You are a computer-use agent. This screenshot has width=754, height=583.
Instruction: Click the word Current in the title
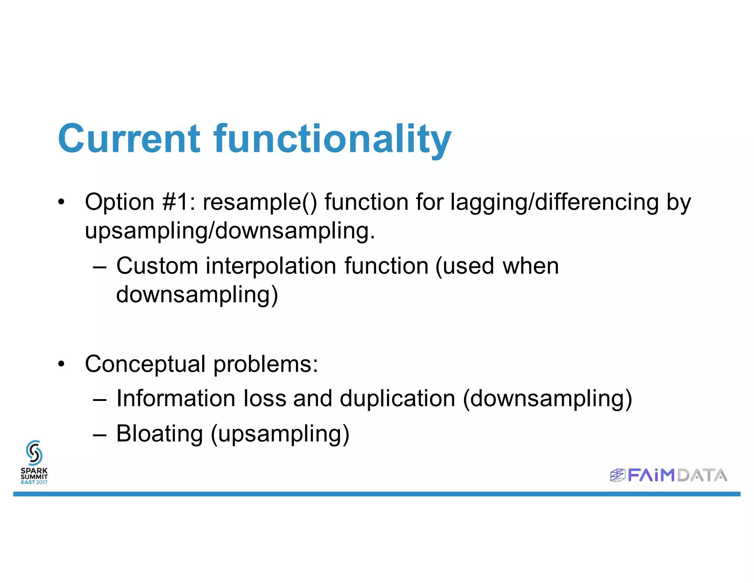[129, 139]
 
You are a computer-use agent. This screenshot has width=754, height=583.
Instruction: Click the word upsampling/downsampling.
[230, 231]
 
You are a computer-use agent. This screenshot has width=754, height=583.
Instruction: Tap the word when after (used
[531, 266]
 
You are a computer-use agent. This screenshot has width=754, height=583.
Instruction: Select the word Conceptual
[145, 364]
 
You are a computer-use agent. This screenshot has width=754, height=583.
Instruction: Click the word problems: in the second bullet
[265, 364]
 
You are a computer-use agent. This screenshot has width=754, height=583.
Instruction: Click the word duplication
[397, 399]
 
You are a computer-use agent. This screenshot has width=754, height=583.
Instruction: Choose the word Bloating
[159, 433]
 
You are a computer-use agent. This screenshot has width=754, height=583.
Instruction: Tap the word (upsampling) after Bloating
[280, 434]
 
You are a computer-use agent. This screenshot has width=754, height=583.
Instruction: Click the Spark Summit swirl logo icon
[34, 453]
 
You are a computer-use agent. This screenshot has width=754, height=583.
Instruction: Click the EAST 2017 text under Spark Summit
[34, 482]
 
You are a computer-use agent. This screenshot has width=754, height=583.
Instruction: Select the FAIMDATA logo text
[677, 475]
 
